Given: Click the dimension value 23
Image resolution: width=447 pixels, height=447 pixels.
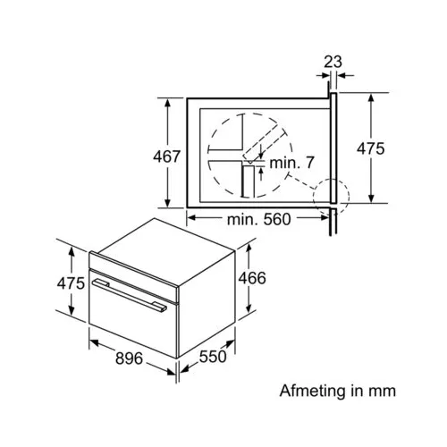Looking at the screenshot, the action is (x=333, y=62).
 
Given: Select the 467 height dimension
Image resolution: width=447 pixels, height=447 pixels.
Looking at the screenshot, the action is (x=166, y=156).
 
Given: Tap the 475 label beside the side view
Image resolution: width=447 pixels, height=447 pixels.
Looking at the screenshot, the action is (x=371, y=148).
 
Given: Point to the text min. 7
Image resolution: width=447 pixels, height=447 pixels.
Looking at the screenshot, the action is (x=291, y=163).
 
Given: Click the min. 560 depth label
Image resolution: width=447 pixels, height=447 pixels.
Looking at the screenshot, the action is (x=258, y=219).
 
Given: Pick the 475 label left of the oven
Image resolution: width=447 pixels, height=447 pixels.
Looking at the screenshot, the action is (x=71, y=283).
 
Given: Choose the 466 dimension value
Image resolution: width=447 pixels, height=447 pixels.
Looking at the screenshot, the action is (x=252, y=278).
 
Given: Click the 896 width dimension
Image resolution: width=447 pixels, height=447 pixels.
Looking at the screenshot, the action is (x=129, y=358).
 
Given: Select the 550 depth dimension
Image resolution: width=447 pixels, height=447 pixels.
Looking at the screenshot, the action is (x=213, y=357).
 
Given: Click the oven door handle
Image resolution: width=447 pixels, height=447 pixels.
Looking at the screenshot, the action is (x=130, y=295).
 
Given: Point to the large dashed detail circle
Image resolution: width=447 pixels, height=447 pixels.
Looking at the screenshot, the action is (x=207, y=155).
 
